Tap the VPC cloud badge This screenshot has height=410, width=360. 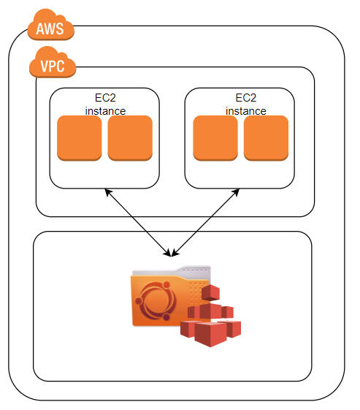tap(52, 66)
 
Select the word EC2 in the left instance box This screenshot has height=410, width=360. tap(105, 98)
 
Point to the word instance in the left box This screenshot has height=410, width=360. tap(105, 111)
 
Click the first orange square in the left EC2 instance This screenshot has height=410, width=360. tap(79, 137)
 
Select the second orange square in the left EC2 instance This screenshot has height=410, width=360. tap(130, 137)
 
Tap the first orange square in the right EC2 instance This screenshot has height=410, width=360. tap(215, 137)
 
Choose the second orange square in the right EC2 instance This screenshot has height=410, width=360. tap(266, 137)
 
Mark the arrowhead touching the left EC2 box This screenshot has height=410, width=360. tap(107, 191)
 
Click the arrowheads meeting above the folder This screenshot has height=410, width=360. tap(172, 253)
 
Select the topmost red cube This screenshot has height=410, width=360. tap(210, 293)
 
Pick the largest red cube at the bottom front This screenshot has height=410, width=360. tap(210, 334)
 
